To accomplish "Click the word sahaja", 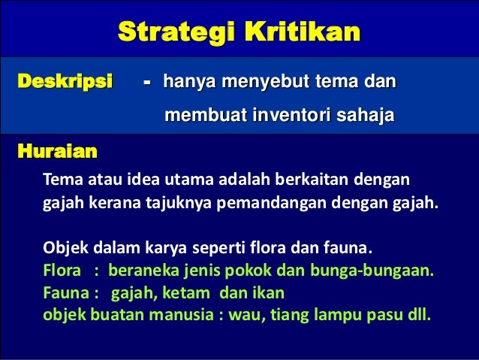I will (363, 116).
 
